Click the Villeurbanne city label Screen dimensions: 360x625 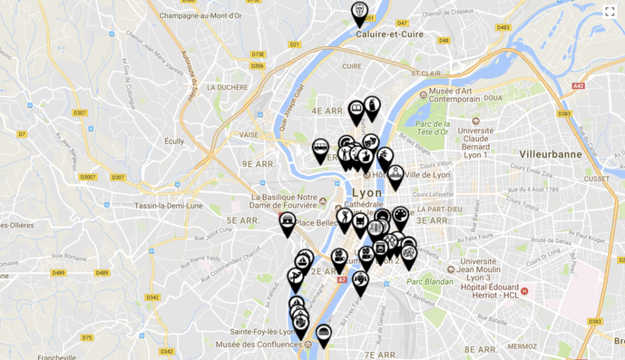551,154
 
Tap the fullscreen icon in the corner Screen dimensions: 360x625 609,11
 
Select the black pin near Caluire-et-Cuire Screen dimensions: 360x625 359,12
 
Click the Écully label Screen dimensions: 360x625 174,141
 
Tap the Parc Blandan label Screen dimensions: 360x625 430,282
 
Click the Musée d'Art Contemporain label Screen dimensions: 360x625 455,95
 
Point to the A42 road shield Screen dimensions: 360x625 577,86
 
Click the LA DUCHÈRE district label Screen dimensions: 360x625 227,87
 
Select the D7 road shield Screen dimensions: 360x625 22,134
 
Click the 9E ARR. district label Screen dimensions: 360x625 258,164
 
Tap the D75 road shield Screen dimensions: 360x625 87,337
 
